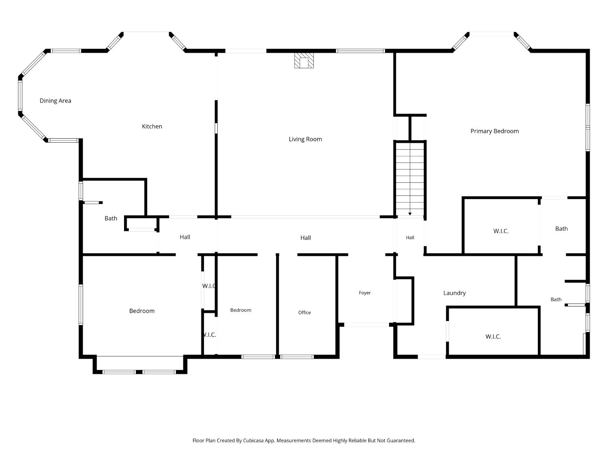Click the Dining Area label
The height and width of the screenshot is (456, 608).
pyautogui.click(x=56, y=101)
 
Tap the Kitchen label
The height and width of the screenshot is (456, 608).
pyautogui.click(x=152, y=126)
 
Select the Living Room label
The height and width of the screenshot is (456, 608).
pyautogui.click(x=305, y=139)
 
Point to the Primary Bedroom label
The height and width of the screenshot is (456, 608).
pyautogui.click(x=495, y=131)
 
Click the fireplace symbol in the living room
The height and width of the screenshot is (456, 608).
pyautogui.click(x=304, y=60)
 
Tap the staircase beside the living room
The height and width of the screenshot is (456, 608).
pyautogui.click(x=410, y=179)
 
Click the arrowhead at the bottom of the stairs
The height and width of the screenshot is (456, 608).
pyautogui.click(x=410, y=214)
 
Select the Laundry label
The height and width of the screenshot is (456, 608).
pyautogui.click(x=454, y=293)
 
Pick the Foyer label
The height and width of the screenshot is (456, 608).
pyautogui.click(x=364, y=293)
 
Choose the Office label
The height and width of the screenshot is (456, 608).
pyautogui.click(x=304, y=312)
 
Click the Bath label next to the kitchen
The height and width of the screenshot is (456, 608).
pyautogui.click(x=111, y=218)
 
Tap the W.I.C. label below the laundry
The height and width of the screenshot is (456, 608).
pyautogui.click(x=493, y=336)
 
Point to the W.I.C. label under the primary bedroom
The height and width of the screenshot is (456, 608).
pyautogui.click(x=501, y=231)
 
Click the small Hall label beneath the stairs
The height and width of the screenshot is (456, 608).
pyautogui.click(x=410, y=237)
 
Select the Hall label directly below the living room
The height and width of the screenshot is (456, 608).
pyautogui.click(x=306, y=238)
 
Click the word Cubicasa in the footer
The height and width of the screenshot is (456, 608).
pyautogui.click(x=253, y=441)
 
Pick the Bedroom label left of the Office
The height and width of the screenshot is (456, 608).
pyautogui.click(x=241, y=310)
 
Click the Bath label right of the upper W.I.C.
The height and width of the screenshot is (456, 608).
pyautogui.click(x=561, y=229)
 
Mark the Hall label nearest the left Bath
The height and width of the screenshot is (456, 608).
pyautogui.click(x=185, y=237)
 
